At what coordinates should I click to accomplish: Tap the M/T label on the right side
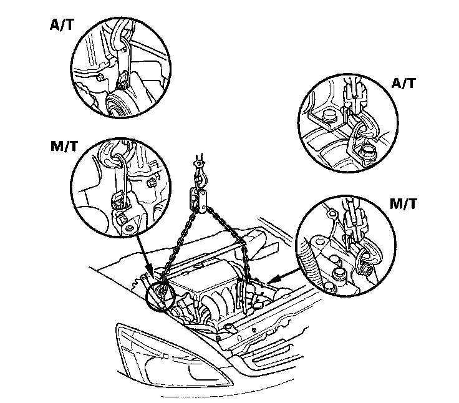[x=407, y=205]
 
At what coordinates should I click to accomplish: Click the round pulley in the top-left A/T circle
[x=115, y=107]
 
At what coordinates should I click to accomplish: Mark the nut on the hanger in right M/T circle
[x=368, y=270]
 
